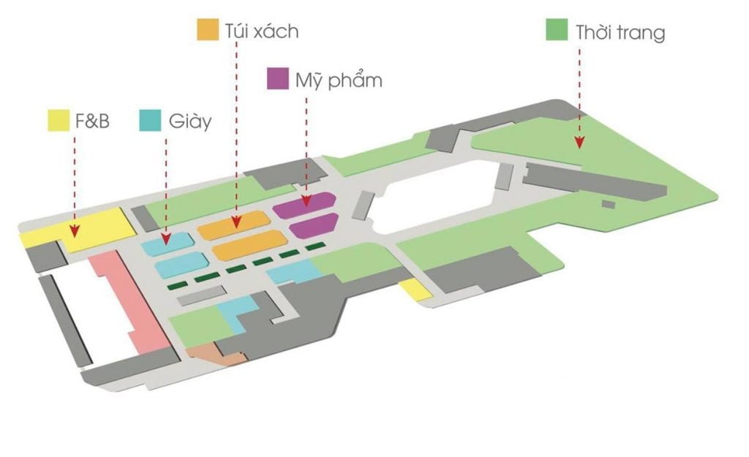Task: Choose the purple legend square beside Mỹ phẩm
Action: tap(277, 79)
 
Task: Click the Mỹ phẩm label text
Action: tap(338, 79)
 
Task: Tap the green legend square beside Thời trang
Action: tap(557, 31)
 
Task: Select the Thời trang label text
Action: tap(620, 32)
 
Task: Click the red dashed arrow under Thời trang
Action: tap(579, 95)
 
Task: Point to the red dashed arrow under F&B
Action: tap(74, 183)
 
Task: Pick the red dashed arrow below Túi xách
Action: tap(236, 132)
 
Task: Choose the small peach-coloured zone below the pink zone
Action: tap(212, 356)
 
